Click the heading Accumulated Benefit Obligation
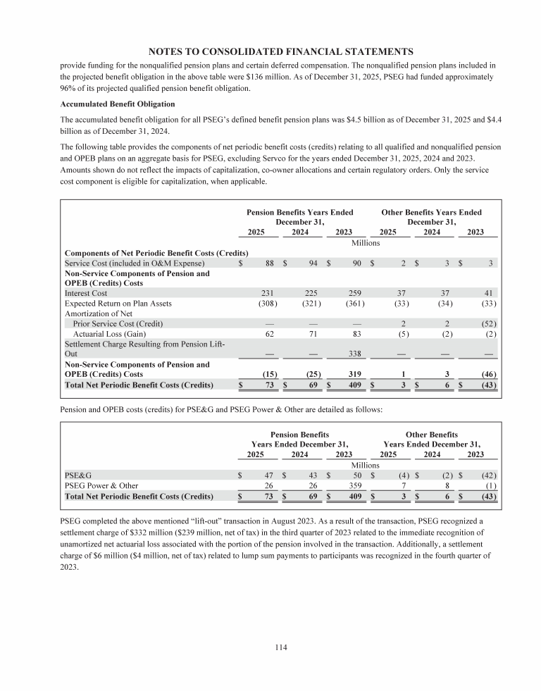pyautogui.click(x=116, y=104)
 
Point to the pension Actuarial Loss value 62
pyautogui.click(x=267, y=334)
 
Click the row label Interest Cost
pyautogui.click(x=86, y=293)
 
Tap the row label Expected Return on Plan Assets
pyautogui.click(x=118, y=304)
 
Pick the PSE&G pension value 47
pyautogui.click(x=268, y=475)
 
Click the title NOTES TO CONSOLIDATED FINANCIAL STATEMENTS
pyautogui.click(x=280, y=51)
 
